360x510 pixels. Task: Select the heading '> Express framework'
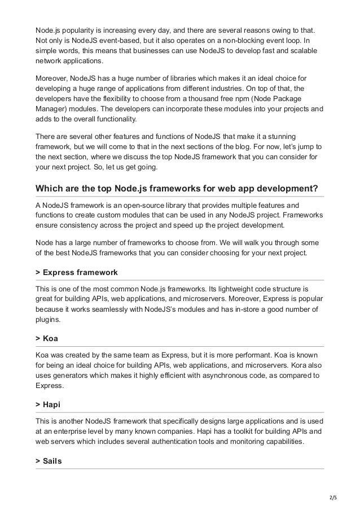click(x=76, y=272)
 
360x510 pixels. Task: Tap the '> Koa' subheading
click(x=46, y=338)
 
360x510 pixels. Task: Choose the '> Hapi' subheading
click(x=48, y=404)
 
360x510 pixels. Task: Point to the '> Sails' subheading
click(x=49, y=461)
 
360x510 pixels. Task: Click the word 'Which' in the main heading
click(x=49, y=188)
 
